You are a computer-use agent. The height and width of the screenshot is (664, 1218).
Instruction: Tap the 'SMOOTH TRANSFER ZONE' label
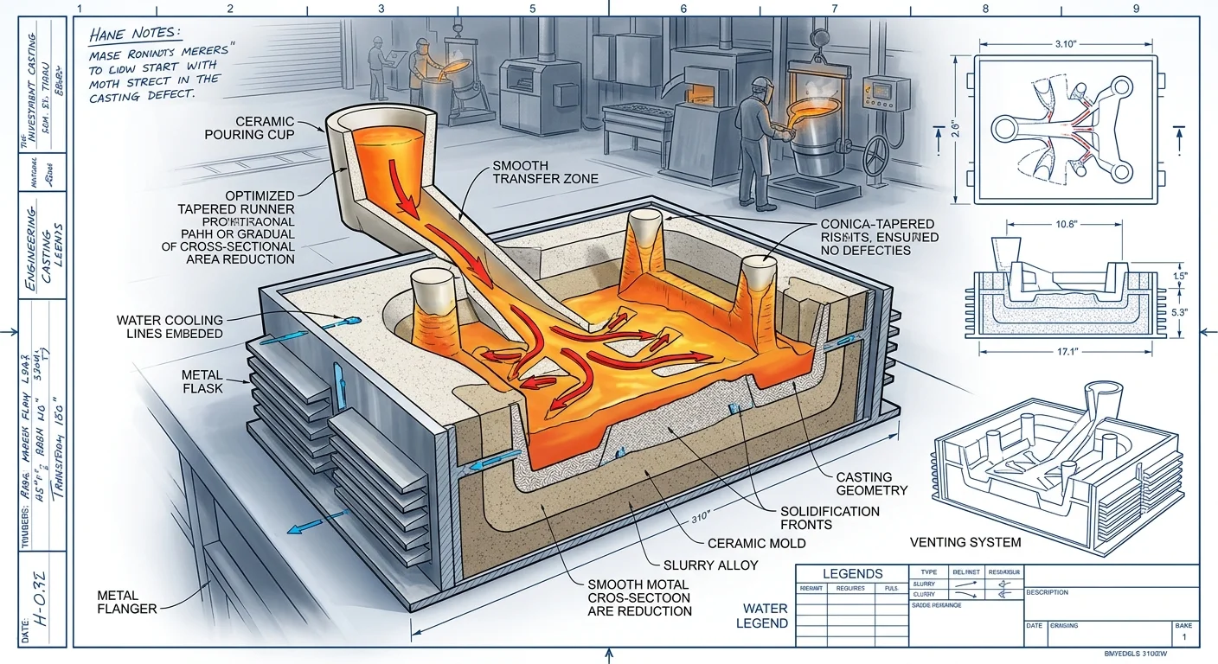pos(545,172)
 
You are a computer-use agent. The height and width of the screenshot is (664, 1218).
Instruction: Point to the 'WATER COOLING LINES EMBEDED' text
pos(170,327)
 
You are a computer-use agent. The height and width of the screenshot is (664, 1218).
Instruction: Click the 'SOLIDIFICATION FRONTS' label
pos(830,518)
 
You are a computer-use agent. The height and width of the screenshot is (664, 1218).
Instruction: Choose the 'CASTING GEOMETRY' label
pos(871,483)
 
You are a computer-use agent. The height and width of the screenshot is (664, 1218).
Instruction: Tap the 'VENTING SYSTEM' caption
pos(965,542)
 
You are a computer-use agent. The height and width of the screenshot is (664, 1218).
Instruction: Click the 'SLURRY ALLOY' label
pos(711,565)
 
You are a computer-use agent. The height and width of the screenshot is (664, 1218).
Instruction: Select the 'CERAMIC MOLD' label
pos(757,543)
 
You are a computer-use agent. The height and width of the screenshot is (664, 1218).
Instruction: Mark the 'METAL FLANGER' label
pos(128,602)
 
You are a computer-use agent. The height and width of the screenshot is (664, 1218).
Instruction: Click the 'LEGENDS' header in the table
pos(852,573)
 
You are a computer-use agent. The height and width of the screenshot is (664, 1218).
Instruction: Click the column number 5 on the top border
pos(532,8)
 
